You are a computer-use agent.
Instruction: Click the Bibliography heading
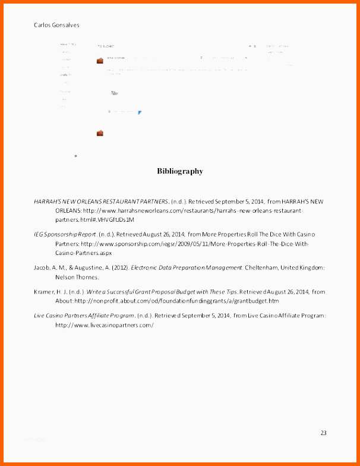click(179, 171)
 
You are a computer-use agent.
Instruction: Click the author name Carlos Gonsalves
click(56, 25)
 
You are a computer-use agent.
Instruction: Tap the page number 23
click(323, 433)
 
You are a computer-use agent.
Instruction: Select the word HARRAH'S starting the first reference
click(47, 201)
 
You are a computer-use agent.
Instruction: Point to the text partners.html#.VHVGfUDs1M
click(95, 219)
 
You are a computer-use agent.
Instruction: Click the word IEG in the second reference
click(39, 235)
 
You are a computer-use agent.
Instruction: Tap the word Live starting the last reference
click(40, 316)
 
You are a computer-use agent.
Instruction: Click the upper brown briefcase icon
click(100, 61)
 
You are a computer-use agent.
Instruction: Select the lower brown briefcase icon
click(100, 133)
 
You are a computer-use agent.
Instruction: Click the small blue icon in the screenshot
click(140, 112)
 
